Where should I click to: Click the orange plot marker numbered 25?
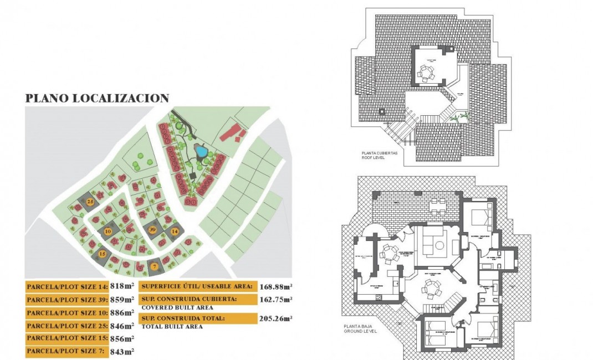91,201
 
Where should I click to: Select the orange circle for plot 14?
175,232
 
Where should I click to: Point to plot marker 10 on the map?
108,230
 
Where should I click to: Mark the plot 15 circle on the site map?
102,254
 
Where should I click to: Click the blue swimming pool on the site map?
201,151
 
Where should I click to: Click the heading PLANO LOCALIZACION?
97,99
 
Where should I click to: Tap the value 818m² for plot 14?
122,286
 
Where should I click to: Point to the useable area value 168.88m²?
276,286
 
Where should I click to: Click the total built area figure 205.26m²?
276,318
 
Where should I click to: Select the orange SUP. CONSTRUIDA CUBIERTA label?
197,300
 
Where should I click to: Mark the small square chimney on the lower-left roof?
381,111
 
